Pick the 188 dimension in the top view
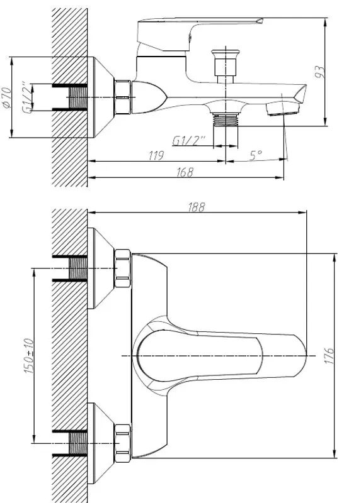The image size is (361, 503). (x=197, y=207)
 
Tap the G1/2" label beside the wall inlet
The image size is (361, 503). (x=27, y=97)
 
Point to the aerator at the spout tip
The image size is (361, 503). (x=283, y=111)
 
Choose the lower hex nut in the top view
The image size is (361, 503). (x=122, y=441)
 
